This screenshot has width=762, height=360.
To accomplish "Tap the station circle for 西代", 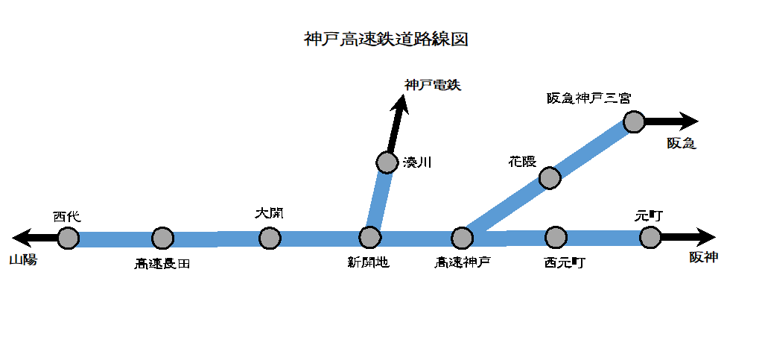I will [x=68, y=238].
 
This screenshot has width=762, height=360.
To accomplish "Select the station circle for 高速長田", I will [x=162, y=238].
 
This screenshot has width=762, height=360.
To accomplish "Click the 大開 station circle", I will [x=270, y=238].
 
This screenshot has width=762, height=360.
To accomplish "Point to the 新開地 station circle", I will [x=370, y=237].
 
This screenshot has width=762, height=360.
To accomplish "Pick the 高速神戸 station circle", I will [x=463, y=238].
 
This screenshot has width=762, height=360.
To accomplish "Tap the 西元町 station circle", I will [x=556, y=237].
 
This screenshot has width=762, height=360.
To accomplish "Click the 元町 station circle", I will [x=650, y=237].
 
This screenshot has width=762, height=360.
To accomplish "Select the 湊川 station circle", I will [x=387, y=162].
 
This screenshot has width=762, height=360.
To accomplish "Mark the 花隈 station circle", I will [x=549, y=177].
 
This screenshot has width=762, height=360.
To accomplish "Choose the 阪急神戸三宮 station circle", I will [x=634, y=121].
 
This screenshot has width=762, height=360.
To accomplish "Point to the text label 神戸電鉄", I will [x=433, y=85].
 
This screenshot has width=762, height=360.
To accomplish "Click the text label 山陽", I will [x=23, y=260].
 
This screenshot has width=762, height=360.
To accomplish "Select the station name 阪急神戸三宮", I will [x=588, y=98].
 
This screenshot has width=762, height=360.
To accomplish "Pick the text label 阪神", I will [x=704, y=258].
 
